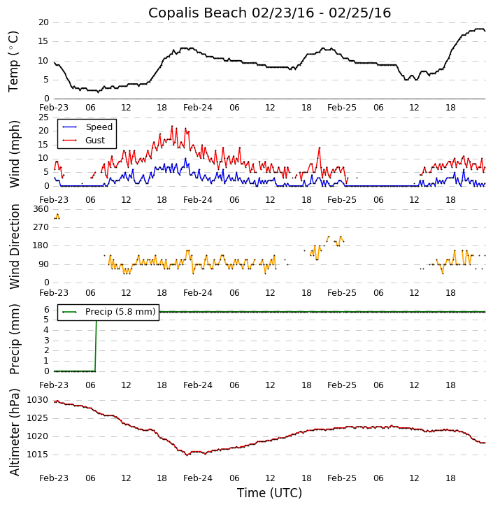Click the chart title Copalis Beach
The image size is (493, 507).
(x=269, y=13)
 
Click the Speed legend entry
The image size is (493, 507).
(x=99, y=127)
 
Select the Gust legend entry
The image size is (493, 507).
(x=95, y=141)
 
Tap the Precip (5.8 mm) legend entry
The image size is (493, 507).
(x=120, y=312)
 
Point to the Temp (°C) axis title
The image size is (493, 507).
(x=14, y=61)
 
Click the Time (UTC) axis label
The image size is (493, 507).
(x=269, y=493)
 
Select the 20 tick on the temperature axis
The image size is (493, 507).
(x=43, y=22)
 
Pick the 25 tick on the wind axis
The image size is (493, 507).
(x=43, y=117)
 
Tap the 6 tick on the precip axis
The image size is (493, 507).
(x=46, y=310)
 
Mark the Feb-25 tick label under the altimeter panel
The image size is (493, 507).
(x=342, y=478)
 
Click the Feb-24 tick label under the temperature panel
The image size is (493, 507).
(x=198, y=108)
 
